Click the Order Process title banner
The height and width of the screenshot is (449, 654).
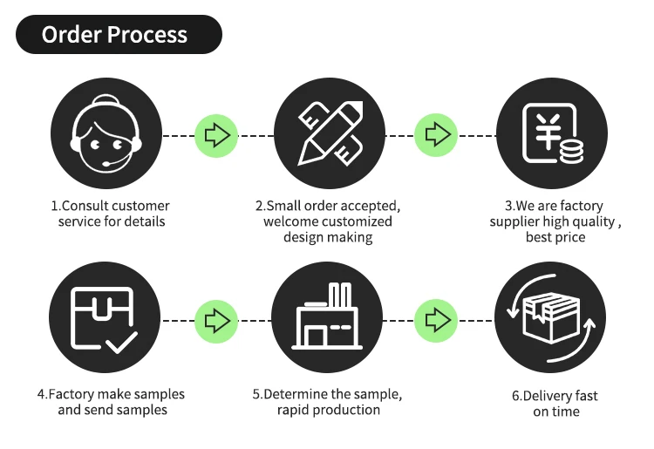(x=119, y=35)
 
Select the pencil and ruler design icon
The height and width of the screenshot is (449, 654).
(x=330, y=135)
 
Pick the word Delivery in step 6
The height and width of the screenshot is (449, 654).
(x=550, y=396)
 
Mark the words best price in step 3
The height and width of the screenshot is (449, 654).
(x=555, y=237)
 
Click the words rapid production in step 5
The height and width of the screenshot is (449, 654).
(x=329, y=410)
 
